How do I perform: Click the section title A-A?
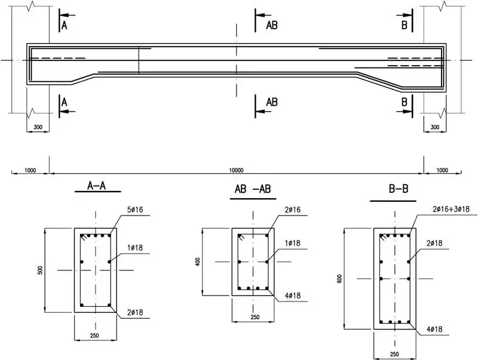[x=96, y=186]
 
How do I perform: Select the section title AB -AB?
[x=253, y=189]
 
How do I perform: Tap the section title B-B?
[x=399, y=189]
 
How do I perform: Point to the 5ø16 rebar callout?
[x=135, y=210]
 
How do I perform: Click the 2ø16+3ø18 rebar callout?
[x=451, y=209]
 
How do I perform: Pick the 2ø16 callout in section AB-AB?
[x=293, y=210]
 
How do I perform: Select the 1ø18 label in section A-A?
[x=135, y=248]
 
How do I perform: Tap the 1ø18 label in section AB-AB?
[x=293, y=243]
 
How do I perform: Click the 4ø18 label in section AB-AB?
[x=293, y=296]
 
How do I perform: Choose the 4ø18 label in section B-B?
[x=434, y=329]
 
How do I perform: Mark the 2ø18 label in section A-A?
[x=135, y=312]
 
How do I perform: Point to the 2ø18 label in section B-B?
[x=434, y=243]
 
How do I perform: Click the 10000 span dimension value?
[x=236, y=170]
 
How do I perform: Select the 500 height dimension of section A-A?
[x=40, y=270]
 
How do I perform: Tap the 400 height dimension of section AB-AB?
[x=198, y=262]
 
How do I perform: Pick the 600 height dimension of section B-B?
[x=340, y=279]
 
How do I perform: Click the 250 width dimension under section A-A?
[x=94, y=336]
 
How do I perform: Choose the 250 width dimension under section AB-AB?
[x=255, y=317]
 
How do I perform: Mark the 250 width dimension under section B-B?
[x=394, y=354]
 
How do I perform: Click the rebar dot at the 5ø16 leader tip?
[x=109, y=235]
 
